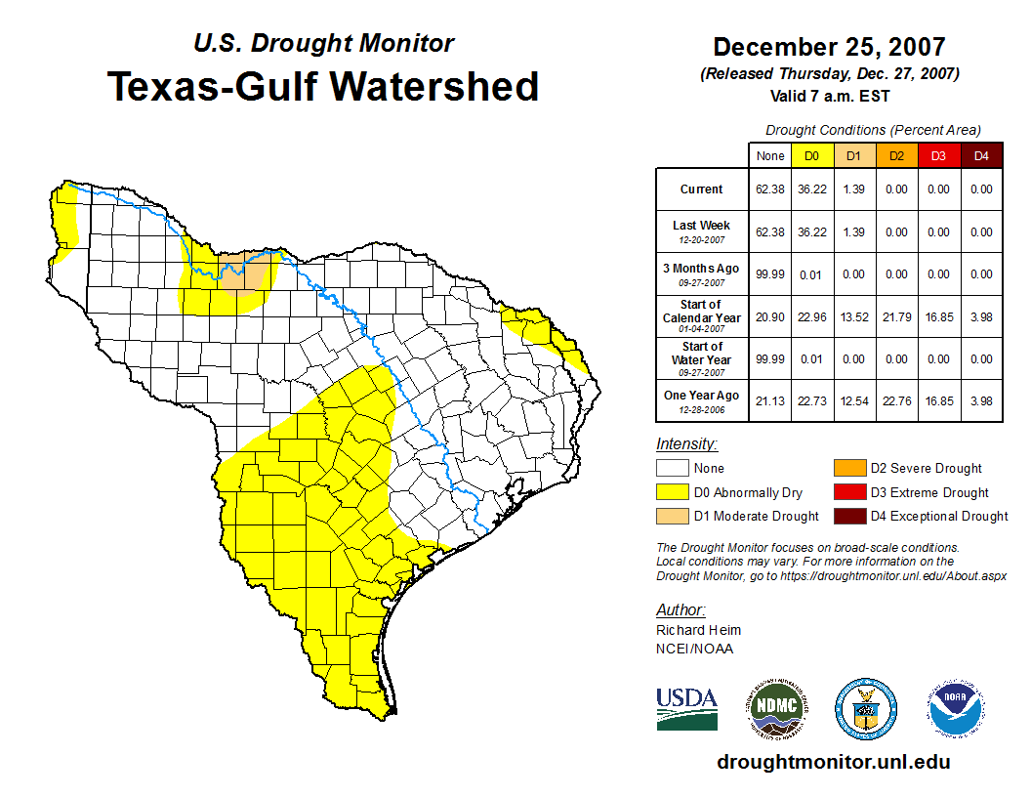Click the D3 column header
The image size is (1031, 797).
938,155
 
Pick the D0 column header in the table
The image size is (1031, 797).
811,155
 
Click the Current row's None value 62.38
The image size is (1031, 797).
770,189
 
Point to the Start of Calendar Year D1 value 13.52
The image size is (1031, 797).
853,316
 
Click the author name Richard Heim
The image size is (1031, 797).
698,630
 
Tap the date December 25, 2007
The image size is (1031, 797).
829,47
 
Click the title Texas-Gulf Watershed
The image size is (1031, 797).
323,86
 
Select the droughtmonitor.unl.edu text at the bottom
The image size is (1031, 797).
833,762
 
